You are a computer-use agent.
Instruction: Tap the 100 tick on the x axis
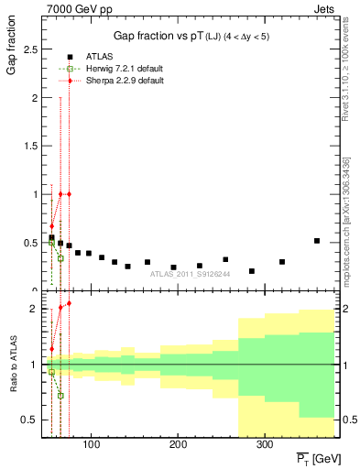click(x=90, y=444)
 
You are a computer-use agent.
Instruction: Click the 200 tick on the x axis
click(x=177, y=444)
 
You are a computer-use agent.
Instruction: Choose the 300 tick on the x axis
click(x=264, y=444)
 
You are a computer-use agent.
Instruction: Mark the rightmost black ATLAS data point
click(x=317, y=241)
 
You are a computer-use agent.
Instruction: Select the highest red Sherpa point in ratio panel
click(x=69, y=303)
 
